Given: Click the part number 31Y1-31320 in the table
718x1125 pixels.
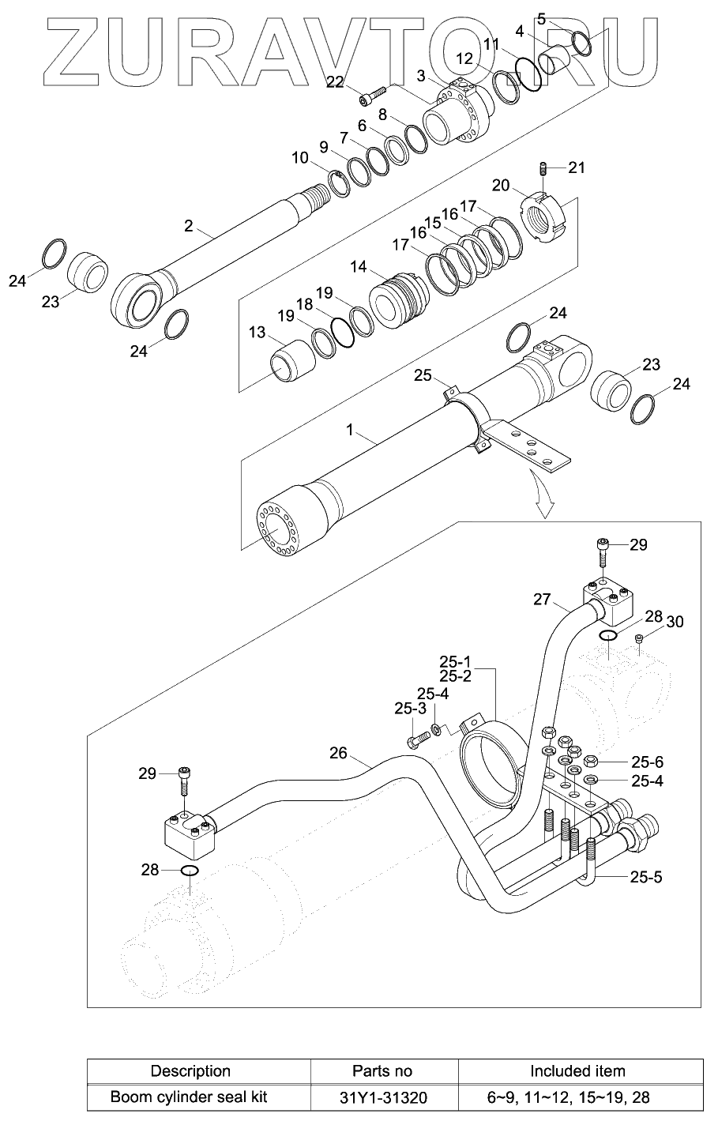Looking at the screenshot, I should [x=382, y=1097].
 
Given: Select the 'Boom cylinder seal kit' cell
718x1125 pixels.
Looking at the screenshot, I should [x=189, y=1097].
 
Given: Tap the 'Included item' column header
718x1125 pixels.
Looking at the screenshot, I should [x=577, y=1071].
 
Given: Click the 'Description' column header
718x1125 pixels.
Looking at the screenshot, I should [x=190, y=1071].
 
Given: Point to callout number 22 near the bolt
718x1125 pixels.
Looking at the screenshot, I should [x=335, y=81].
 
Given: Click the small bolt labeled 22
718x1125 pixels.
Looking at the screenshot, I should [x=370, y=96].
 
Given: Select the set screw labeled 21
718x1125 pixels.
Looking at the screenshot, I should [x=544, y=169].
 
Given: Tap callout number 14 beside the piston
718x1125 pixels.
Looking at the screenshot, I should [x=359, y=268].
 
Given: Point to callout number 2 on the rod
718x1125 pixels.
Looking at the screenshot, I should [x=188, y=226].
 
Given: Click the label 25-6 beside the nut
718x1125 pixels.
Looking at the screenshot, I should [x=647, y=762].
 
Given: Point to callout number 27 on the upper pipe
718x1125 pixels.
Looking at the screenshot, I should [x=541, y=599].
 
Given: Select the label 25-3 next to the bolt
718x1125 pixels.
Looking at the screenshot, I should [x=410, y=709].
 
